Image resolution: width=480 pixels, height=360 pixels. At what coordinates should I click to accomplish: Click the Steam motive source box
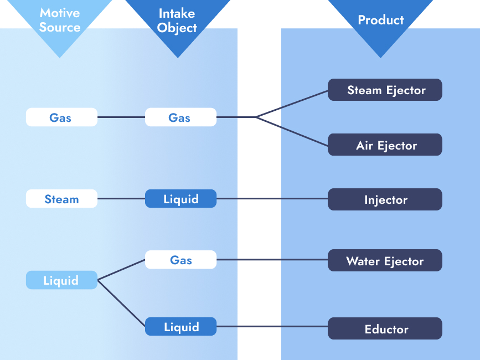61,199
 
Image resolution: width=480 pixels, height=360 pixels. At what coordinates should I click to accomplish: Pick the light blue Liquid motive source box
61,280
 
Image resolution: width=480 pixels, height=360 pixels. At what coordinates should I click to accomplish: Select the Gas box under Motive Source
61,117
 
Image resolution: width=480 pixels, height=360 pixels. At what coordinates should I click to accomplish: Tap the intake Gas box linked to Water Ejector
180,260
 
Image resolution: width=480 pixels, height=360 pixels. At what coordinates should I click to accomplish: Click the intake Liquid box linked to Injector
180,199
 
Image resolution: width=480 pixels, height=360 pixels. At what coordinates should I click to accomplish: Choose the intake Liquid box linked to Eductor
180,327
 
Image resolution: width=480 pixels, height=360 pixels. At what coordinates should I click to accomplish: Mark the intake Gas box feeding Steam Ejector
180,117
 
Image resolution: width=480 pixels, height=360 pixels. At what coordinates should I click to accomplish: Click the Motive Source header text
60,20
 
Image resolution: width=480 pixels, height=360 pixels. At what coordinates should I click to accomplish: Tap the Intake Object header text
177,20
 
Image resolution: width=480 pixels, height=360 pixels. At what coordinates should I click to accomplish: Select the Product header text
380,20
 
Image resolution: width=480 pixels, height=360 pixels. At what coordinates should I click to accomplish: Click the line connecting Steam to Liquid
121,199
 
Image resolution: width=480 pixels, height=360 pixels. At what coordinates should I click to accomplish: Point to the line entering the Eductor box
271,327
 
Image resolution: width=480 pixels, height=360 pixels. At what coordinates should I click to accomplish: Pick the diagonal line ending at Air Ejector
292,132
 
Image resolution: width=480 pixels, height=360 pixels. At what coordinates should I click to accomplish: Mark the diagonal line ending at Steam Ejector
292,104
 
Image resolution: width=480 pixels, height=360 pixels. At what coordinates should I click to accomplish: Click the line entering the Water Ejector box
271,260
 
